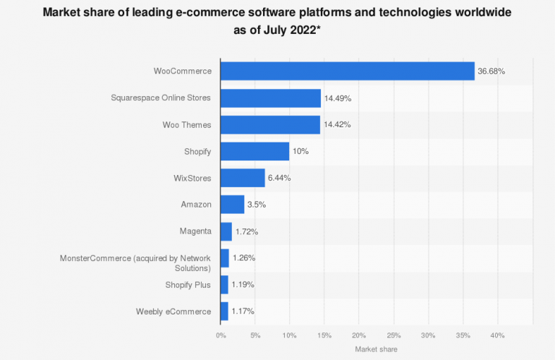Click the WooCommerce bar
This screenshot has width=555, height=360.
click(x=347, y=71)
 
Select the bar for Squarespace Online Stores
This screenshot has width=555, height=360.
click(x=270, y=98)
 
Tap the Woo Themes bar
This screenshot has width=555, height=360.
click(x=270, y=124)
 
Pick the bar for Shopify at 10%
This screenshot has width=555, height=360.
click(x=254, y=151)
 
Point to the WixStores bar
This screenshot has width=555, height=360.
click(x=242, y=178)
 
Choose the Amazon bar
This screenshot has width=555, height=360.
click(x=232, y=205)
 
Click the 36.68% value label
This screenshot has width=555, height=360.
click(x=491, y=72)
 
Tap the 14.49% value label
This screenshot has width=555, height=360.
click(x=337, y=98)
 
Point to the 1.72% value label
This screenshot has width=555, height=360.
click(x=246, y=231)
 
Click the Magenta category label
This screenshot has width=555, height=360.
click(x=195, y=231)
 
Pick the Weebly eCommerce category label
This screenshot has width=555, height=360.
click(x=173, y=312)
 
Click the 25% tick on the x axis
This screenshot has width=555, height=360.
click(x=393, y=335)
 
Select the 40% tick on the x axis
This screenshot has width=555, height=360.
click(x=497, y=335)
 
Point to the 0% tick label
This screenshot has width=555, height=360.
click(x=220, y=335)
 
